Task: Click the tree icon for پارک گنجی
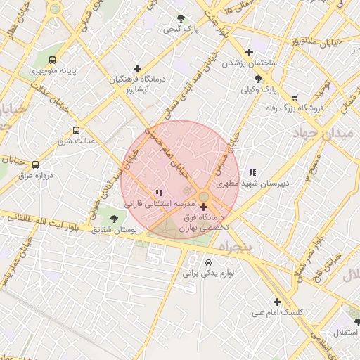coord(181,19)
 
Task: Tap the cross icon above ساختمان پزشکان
coord(250,52)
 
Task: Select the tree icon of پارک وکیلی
coord(259,79)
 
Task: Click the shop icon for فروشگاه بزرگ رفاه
coord(294,98)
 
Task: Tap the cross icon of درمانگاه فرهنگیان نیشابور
coord(137,69)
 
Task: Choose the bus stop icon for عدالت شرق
coord(76,130)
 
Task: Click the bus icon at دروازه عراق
coord(36,164)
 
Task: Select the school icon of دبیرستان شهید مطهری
coord(252,172)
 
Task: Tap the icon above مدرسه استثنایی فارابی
coord(159,192)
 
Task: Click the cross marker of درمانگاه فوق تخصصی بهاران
coord(204,207)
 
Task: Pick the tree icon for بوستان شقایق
coord(115,219)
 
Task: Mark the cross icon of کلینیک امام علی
coord(278,302)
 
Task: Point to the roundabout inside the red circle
coord(203,197)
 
